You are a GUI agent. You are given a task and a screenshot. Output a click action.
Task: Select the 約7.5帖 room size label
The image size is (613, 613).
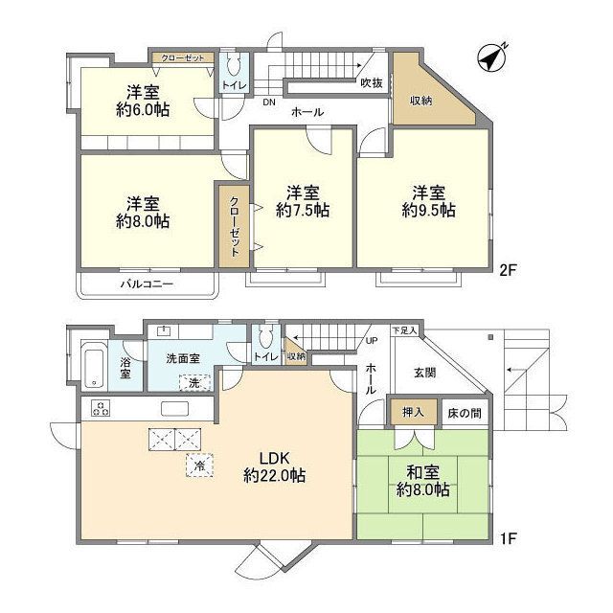[x=302, y=210]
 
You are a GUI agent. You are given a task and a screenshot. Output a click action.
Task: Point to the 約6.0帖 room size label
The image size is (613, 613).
[x=147, y=111]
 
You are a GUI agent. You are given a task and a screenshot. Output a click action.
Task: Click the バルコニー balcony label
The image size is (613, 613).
[x=147, y=284]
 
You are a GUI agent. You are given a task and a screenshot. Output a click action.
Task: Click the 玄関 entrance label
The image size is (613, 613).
[x=425, y=374]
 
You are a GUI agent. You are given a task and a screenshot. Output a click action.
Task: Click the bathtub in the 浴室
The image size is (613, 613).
[x=94, y=363]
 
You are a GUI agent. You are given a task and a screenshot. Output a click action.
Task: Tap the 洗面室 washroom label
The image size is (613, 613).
[x=183, y=357]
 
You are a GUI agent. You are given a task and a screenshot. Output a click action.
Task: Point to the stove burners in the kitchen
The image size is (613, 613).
[x=99, y=408]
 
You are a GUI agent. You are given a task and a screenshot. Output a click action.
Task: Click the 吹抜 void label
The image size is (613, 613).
[x=372, y=83]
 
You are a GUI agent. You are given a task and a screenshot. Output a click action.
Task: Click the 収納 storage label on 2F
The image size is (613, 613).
[x=420, y=101]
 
